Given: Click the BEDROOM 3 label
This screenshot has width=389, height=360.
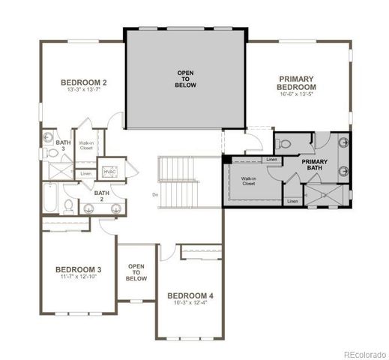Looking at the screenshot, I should coord(78,269).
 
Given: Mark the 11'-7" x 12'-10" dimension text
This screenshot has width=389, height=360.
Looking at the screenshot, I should coord(78,277).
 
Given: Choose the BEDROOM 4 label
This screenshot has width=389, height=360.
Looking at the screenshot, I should coord(190,295).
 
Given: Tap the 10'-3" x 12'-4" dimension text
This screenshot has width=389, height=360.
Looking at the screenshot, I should coord(190,304).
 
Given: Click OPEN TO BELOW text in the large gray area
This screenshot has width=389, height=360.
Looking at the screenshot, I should coord(185,79).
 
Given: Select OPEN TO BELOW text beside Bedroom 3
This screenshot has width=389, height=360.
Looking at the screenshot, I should coord(136,271).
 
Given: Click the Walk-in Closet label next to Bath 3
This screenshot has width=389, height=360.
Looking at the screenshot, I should coord(85,145).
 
